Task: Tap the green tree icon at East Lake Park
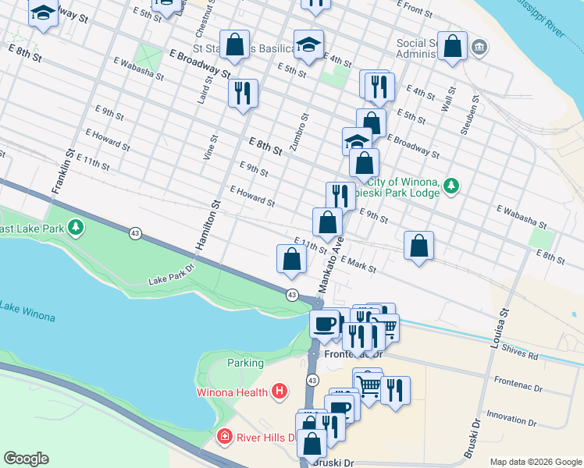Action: (75, 227)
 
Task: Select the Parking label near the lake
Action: (245, 363)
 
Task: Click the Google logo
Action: (26, 458)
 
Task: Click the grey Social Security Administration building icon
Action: (479, 48)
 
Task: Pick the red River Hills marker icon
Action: (225, 436)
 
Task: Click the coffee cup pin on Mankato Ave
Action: (324, 322)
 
